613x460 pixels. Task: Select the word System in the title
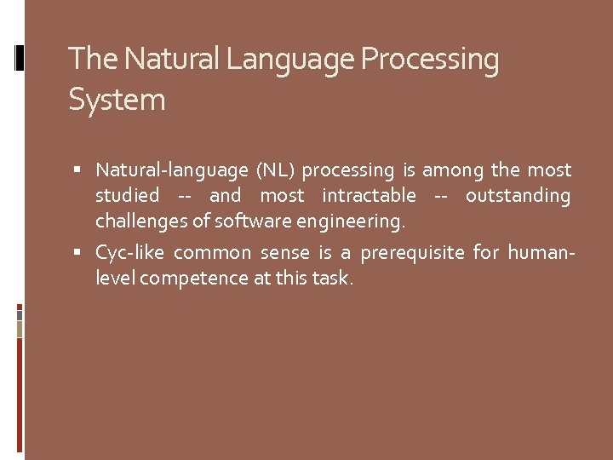(117, 100)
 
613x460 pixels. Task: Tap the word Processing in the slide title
(430, 60)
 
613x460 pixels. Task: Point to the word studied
(127, 196)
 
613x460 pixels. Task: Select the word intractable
(369, 196)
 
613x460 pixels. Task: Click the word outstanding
(518, 196)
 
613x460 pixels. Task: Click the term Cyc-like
(130, 253)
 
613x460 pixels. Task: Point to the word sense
(287, 253)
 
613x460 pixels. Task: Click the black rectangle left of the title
(20, 57)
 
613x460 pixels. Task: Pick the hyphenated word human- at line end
(541, 253)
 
